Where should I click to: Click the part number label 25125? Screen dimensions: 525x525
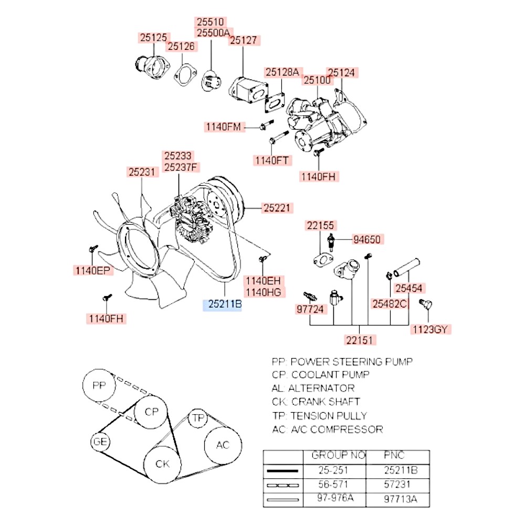(153, 37)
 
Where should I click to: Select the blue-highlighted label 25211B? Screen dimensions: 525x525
(223, 304)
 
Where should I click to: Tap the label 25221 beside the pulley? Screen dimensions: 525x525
(277, 208)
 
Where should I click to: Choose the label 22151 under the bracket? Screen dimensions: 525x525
(361, 340)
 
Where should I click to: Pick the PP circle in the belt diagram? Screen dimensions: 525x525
(99, 386)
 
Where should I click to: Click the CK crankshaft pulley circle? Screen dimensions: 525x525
(163, 464)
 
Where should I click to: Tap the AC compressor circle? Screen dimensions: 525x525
(223, 446)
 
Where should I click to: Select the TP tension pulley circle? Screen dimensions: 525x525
(198, 418)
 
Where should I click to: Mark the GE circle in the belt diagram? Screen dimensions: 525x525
(100, 442)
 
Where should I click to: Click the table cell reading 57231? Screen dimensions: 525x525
(398, 484)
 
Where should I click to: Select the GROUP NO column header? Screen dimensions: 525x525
(338, 455)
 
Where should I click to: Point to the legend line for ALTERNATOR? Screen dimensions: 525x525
(313, 388)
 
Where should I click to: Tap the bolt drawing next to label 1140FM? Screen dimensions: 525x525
(266, 126)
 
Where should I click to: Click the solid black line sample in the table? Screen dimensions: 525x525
(283, 470)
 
